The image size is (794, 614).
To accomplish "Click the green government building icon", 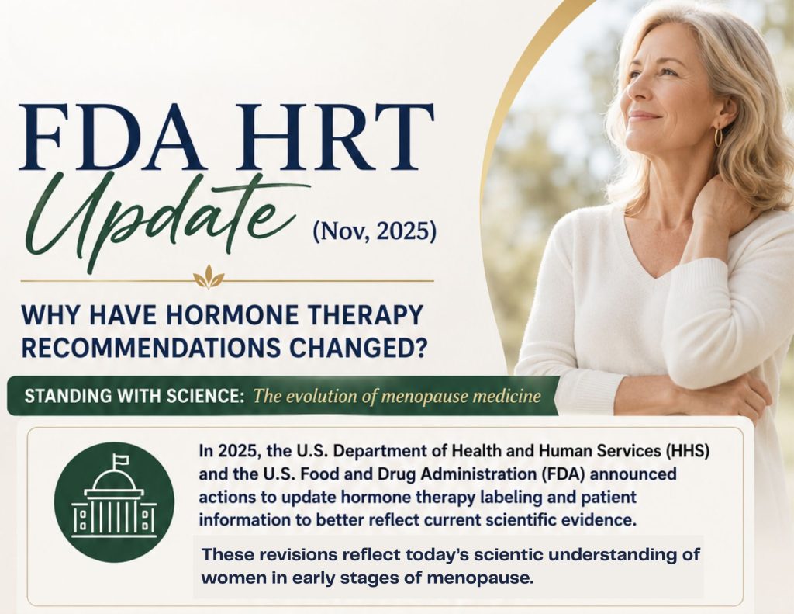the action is [114, 502].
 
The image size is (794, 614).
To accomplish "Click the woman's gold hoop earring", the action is [717, 136].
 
